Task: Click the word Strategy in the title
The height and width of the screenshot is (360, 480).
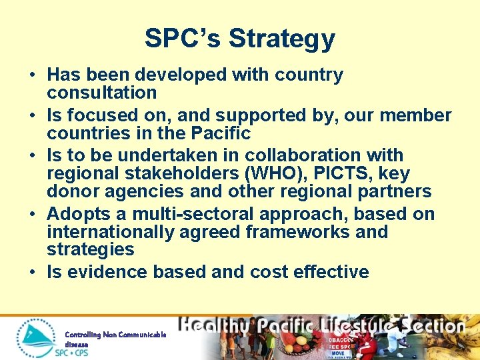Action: pos(281,39)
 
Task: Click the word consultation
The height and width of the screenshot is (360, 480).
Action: pos(101,92)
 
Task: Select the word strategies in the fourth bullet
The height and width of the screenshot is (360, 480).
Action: pos(90,250)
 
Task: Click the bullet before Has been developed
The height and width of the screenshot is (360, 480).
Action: pos(32,75)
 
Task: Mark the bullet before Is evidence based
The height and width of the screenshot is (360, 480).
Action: pos(32,272)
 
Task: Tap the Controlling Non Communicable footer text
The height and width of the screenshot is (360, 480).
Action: pos(115,334)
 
